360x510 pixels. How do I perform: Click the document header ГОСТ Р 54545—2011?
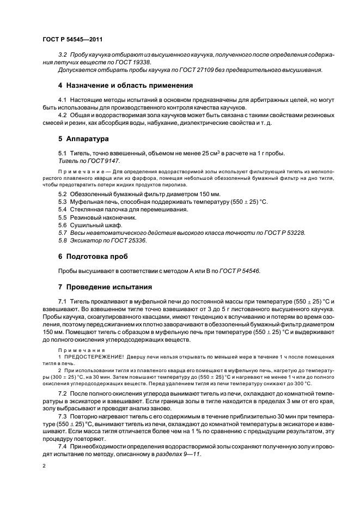point(72,40)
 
